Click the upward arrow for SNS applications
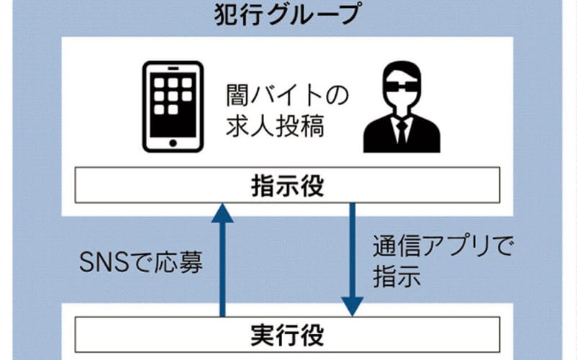pyautogui.click(x=222, y=259)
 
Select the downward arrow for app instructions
pyautogui.click(x=352, y=259)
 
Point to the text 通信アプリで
pyautogui.click(x=442, y=248)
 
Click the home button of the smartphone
pyautogui.click(x=171, y=143)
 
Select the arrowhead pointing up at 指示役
pyautogui.click(x=222, y=212)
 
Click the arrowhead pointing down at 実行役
pyautogui.click(x=352, y=307)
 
